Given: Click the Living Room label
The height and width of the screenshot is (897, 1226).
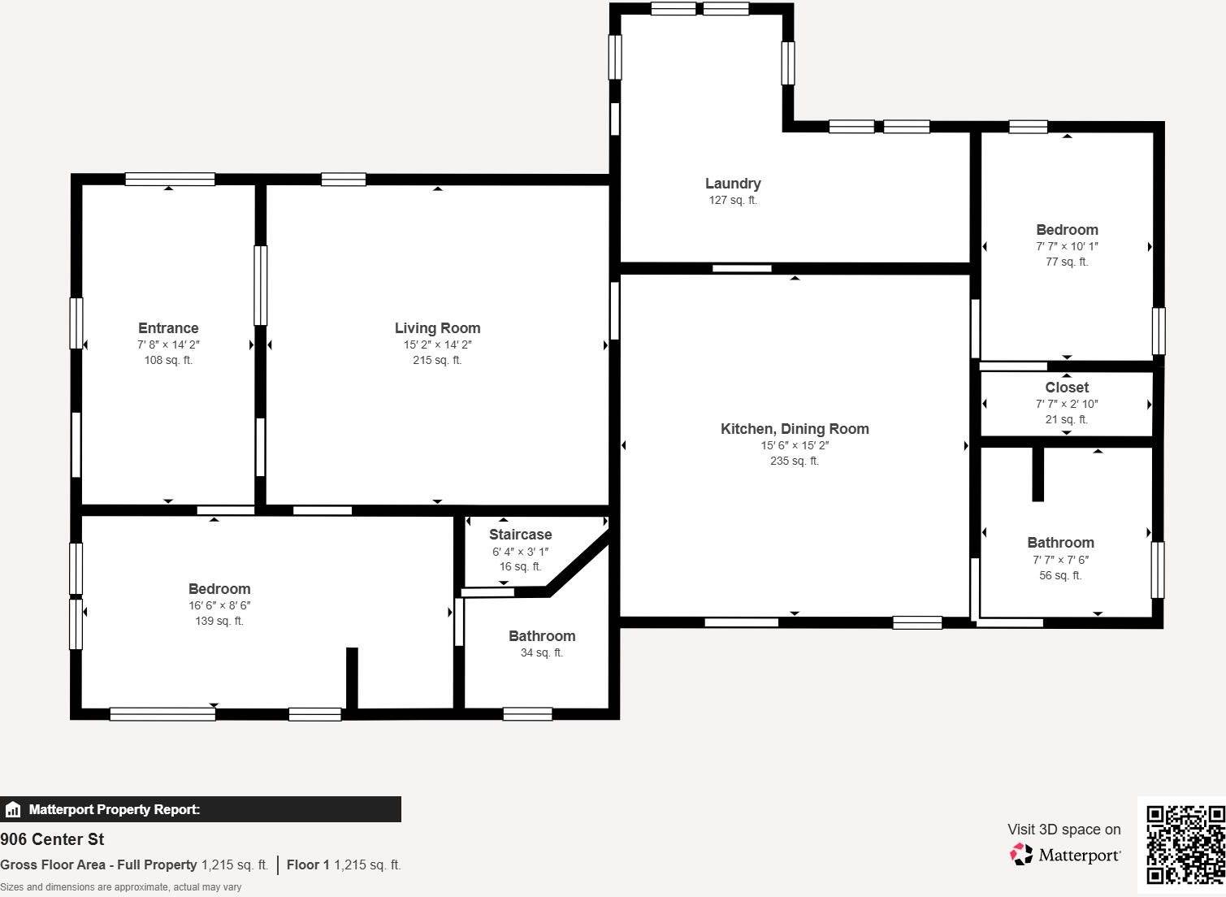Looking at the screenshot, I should click(x=437, y=328).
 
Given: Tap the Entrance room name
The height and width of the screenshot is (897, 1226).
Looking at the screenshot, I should click(x=168, y=328).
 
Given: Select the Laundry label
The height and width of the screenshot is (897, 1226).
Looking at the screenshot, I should click(x=733, y=184).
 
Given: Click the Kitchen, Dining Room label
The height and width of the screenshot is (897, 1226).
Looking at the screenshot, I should click(x=795, y=429).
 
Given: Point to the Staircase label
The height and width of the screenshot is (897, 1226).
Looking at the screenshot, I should click(x=520, y=535).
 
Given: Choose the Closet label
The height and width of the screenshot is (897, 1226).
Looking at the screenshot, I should click(x=1067, y=388).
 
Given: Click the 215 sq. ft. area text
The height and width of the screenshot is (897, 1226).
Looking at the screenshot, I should click(x=437, y=360).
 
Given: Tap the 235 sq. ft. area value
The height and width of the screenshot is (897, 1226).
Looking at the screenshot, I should click(x=795, y=461).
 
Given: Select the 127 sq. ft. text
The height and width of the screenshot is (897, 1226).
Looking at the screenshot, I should click(x=733, y=200).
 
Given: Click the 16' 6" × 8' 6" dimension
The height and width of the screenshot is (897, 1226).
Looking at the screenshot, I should click(x=219, y=605).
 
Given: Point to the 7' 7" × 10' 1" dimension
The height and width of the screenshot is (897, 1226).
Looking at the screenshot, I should click(x=1067, y=246).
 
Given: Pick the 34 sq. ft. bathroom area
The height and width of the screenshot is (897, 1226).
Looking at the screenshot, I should click(x=542, y=652).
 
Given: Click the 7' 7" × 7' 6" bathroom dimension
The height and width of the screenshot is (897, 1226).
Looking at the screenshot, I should click(x=1060, y=560).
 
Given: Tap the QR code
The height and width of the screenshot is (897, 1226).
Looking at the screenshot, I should click(x=1185, y=844).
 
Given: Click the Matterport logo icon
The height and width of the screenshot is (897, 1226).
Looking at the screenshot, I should click(x=1021, y=854).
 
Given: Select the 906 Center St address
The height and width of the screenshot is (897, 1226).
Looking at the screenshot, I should click(x=52, y=839).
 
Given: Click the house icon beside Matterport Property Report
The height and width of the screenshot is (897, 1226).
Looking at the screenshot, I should click(x=13, y=809).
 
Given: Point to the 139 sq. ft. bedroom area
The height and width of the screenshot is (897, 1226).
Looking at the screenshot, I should click(x=219, y=621).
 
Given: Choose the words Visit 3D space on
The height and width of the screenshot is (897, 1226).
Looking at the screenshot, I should click(x=1064, y=830).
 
